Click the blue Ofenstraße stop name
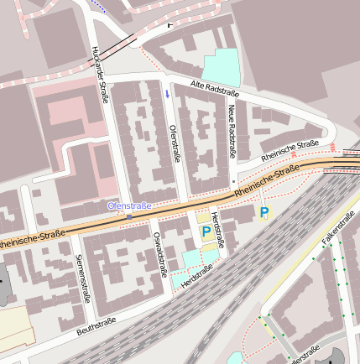129,205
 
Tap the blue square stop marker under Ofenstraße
129,216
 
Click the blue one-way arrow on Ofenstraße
166,94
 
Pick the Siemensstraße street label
81,278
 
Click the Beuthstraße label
95,325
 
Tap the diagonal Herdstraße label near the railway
197,274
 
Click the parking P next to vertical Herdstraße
206,231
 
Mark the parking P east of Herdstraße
263,213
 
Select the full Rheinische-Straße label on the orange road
266,182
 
